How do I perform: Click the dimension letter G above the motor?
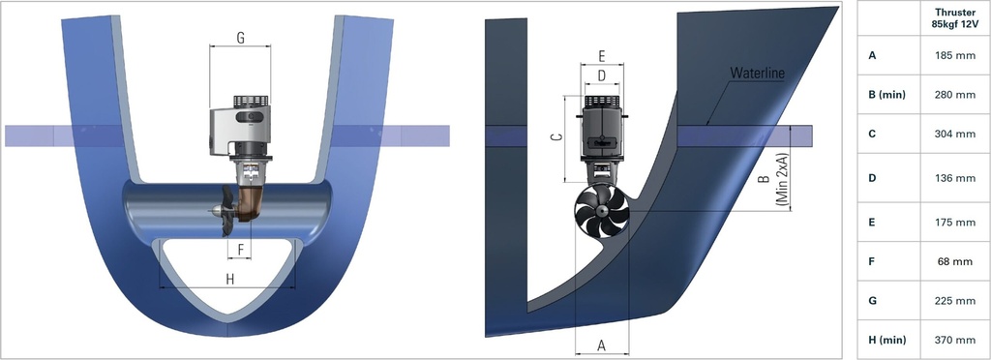(240, 39)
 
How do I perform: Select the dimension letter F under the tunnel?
(239, 249)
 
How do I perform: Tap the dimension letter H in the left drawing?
(229, 280)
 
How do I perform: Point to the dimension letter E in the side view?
(602, 55)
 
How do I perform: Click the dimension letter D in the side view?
(601, 75)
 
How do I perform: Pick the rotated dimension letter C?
(556, 137)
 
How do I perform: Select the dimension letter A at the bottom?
(601, 344)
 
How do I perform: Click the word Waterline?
(757, 74)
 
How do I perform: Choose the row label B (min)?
(886, 95)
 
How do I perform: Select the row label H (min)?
(886, 340)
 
